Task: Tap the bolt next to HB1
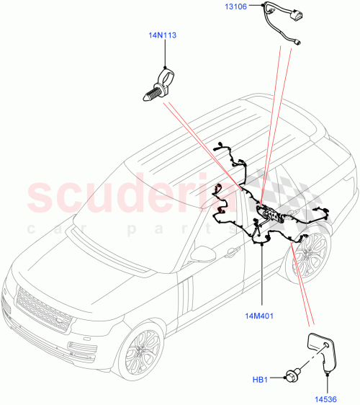[x=293, y=375]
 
